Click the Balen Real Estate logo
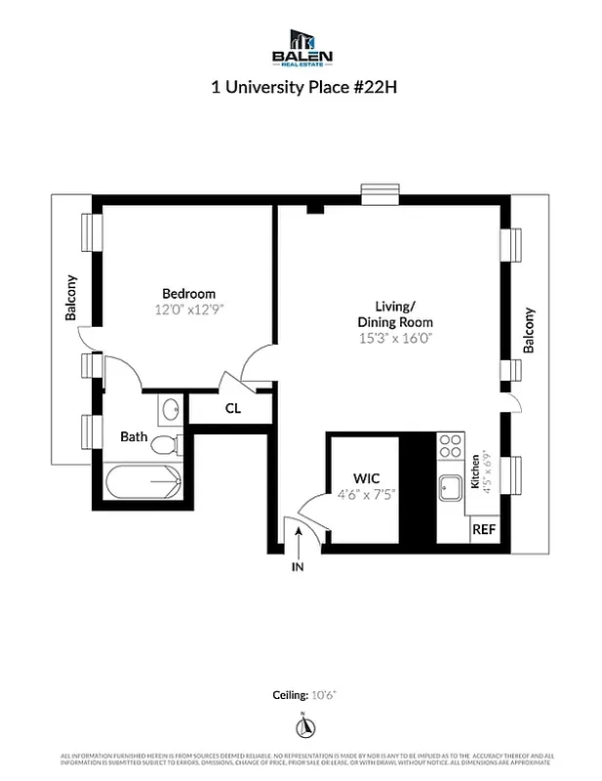[x=302, y=48]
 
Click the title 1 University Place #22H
[x=301, y=86]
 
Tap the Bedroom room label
[x=188, y=293]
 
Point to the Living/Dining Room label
[x=395, y=313]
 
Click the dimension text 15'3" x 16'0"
[x=395, y=338]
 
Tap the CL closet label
[x=232, y=409]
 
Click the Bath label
[x=134, y=436]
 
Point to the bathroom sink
[x=170, y=408]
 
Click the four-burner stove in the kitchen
[x=450, y=446]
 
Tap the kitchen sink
[x=451, y=485]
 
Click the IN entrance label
[x=297, y=566]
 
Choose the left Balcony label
[x=71, y=298]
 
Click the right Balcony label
[x=530, y=330]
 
